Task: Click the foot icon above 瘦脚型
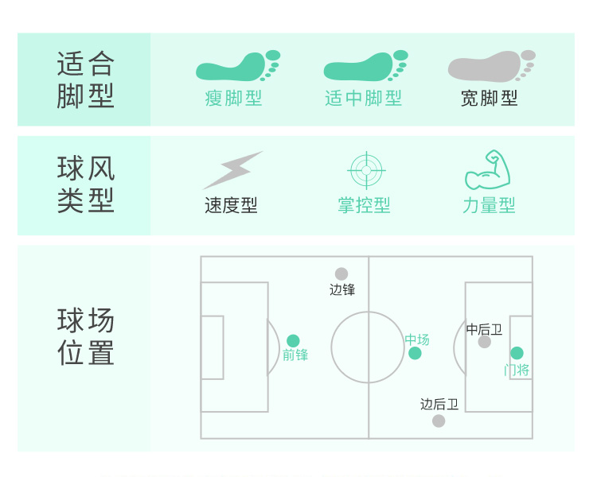pos(237,67)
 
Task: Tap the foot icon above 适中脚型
pos(365,67)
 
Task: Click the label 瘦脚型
pos(233,99)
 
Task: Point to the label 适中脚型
pos(364,99)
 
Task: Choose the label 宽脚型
pos(490,99)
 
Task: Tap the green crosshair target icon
pos(367,170)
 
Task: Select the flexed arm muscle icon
pos(487,169)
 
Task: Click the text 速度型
pos(231,206)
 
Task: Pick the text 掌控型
pos(364,206)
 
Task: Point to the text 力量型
pos(489,206)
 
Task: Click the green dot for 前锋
pos(293,341)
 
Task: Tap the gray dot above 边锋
pos(341,274)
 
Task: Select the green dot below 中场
pos(415,353)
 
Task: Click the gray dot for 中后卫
pos(485,342)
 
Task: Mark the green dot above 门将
pos(517,353)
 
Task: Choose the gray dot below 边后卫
pos(439,421)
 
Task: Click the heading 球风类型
pos(86,184)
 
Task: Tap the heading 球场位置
pos(86,337)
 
